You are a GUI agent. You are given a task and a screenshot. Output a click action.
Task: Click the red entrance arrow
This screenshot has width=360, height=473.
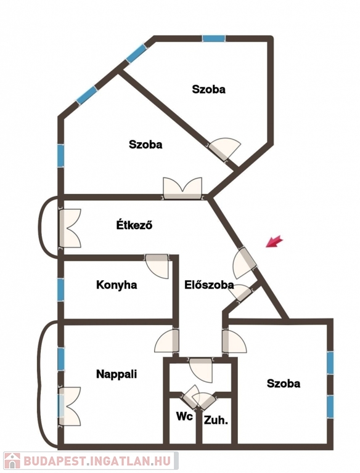coord(274,241)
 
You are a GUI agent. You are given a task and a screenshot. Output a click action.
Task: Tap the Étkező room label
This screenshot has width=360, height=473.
coord(134,225)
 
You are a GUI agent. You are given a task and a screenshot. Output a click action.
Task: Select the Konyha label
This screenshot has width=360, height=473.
coord(117,285)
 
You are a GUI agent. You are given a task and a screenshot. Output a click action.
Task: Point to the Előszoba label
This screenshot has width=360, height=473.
coord(209,285)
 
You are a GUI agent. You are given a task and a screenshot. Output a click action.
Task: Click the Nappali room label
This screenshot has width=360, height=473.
coord(117,374)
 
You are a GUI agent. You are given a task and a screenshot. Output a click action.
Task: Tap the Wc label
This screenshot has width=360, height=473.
coord(184,416)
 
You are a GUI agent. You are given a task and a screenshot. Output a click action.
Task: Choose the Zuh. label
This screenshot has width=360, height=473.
coord(216,420)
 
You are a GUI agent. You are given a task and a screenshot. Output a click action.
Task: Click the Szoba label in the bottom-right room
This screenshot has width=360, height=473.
coord(284,384)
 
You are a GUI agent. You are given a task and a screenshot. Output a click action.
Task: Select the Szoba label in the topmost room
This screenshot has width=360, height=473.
coord(209,89)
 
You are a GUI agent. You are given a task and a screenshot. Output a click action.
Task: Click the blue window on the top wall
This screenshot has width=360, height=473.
coord(213,39)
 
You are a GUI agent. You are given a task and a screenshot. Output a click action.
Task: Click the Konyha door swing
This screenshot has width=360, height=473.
coord(157,266)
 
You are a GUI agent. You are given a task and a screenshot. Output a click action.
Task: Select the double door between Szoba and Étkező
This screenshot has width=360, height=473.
coord(182,188)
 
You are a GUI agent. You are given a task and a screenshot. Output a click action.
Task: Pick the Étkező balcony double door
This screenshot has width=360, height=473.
coord(70,228)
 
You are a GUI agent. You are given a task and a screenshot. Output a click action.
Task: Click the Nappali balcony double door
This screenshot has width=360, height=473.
coord(70,406)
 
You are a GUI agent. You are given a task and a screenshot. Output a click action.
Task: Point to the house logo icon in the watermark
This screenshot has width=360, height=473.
coord(12,461)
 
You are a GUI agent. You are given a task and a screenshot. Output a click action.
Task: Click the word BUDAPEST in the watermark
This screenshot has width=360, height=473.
coord(55,461)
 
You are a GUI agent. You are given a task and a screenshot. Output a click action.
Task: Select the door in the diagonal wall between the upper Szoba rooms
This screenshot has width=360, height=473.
coord(225,149)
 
